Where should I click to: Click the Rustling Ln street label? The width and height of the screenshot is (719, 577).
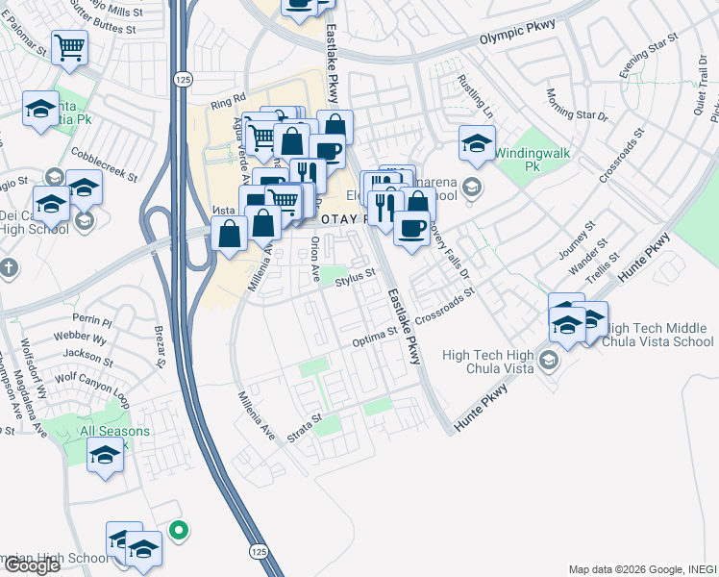[475, 96]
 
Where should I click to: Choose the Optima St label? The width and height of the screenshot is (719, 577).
[375, 335]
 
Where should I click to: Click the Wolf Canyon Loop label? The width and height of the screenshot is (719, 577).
[92, 383]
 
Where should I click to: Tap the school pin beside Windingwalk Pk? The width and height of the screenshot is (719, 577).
[477, 142]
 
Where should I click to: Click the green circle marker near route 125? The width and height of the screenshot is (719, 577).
[177, 528]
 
